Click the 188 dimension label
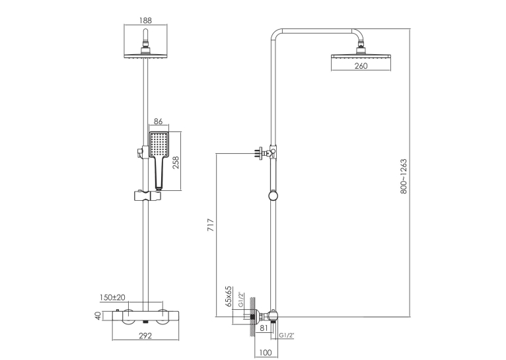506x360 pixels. click(145, 20)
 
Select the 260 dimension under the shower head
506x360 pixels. click(361, 66)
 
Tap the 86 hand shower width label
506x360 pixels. click(158, 122)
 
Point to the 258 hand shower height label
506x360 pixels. click(176, 163)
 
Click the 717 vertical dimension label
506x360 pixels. click(211, 225)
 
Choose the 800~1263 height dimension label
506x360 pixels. click(404, 176)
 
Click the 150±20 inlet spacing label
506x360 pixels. click(112, 297)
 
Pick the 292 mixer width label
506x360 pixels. click(145, 336)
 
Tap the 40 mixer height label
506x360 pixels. click(98, 316)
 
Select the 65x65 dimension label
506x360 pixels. click(229, 296)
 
